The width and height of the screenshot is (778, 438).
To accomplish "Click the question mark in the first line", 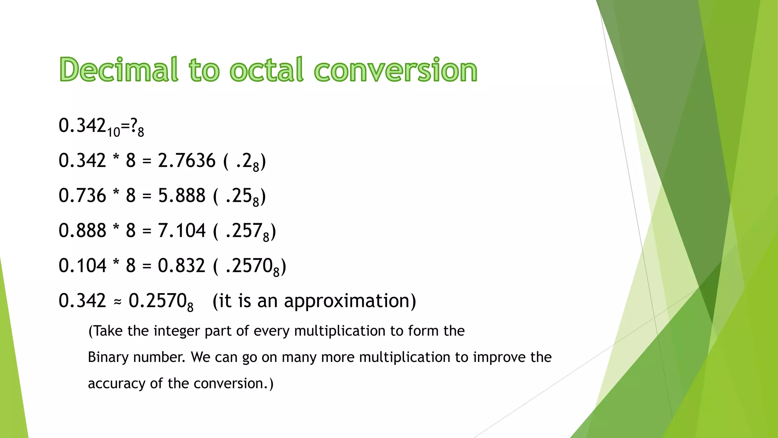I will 133,125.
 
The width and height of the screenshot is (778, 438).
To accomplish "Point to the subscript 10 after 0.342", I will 113,132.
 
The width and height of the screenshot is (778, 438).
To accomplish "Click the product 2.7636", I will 187,160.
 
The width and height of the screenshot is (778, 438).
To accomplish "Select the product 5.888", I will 182,195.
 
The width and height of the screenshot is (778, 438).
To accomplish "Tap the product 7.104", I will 182,230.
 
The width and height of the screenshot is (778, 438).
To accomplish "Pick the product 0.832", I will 182,265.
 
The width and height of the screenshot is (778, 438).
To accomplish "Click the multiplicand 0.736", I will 82,195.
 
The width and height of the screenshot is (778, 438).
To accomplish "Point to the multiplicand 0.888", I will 82,230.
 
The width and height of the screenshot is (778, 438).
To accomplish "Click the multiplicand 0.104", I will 82,265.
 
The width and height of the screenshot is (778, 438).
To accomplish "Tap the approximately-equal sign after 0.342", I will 117,302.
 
